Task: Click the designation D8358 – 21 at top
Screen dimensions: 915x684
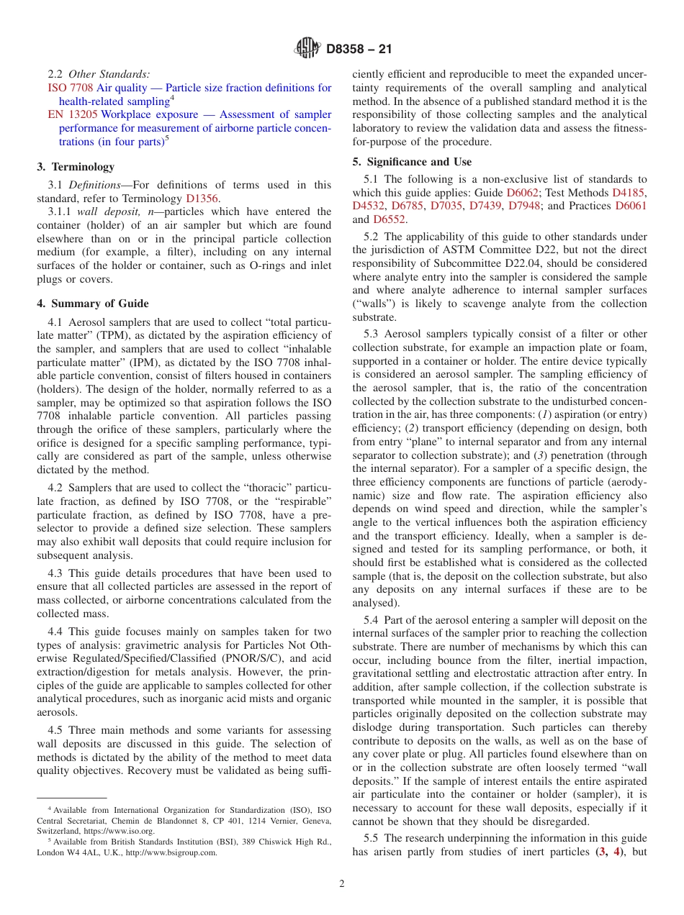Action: pos(359,50)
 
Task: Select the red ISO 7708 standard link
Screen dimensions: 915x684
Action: pos(66,88)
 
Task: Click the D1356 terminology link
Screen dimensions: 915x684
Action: pos(202,199)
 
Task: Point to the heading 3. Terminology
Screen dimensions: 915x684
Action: pos(76,167)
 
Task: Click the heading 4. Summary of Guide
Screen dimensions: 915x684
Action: pos(93,303)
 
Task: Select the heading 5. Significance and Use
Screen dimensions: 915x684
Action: pos(412,162)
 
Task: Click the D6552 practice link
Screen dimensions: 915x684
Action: pos(389,219)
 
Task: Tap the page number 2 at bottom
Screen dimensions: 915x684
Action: pos(342,884)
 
